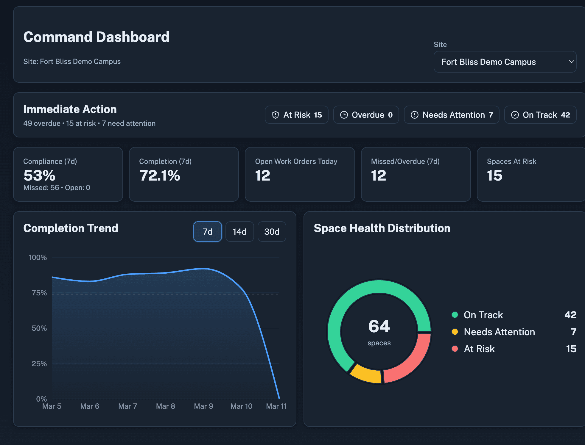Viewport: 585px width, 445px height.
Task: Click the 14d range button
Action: pos(239,231)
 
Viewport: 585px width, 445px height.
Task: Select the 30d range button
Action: pos(272,231)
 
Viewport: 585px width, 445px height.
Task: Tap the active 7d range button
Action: pos(207,231)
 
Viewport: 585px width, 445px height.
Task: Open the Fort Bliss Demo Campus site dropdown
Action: pos(505,62)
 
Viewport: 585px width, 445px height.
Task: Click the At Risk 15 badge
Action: pos(297,115)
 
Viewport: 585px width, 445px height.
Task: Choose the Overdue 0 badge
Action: pos(366,115)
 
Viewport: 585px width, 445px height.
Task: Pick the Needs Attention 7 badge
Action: pos(452,115)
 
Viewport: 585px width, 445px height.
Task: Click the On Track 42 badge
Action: pos(540,115)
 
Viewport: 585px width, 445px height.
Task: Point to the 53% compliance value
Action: pos(40,176)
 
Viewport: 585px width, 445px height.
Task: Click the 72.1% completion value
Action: pos(160,176)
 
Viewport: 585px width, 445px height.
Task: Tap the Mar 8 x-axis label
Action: pos(166,406)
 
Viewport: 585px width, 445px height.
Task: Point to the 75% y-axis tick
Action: pos(39,293)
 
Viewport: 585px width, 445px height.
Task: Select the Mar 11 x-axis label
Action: pos(276,406)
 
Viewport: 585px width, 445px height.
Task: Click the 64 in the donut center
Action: pos(379,326)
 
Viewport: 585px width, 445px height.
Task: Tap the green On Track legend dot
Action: pos(455,315)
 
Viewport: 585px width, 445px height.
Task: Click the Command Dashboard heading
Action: pos(96,37)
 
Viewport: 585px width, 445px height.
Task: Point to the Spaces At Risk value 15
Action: pos(494,176)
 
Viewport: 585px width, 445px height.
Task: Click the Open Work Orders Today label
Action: pos(296,162)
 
